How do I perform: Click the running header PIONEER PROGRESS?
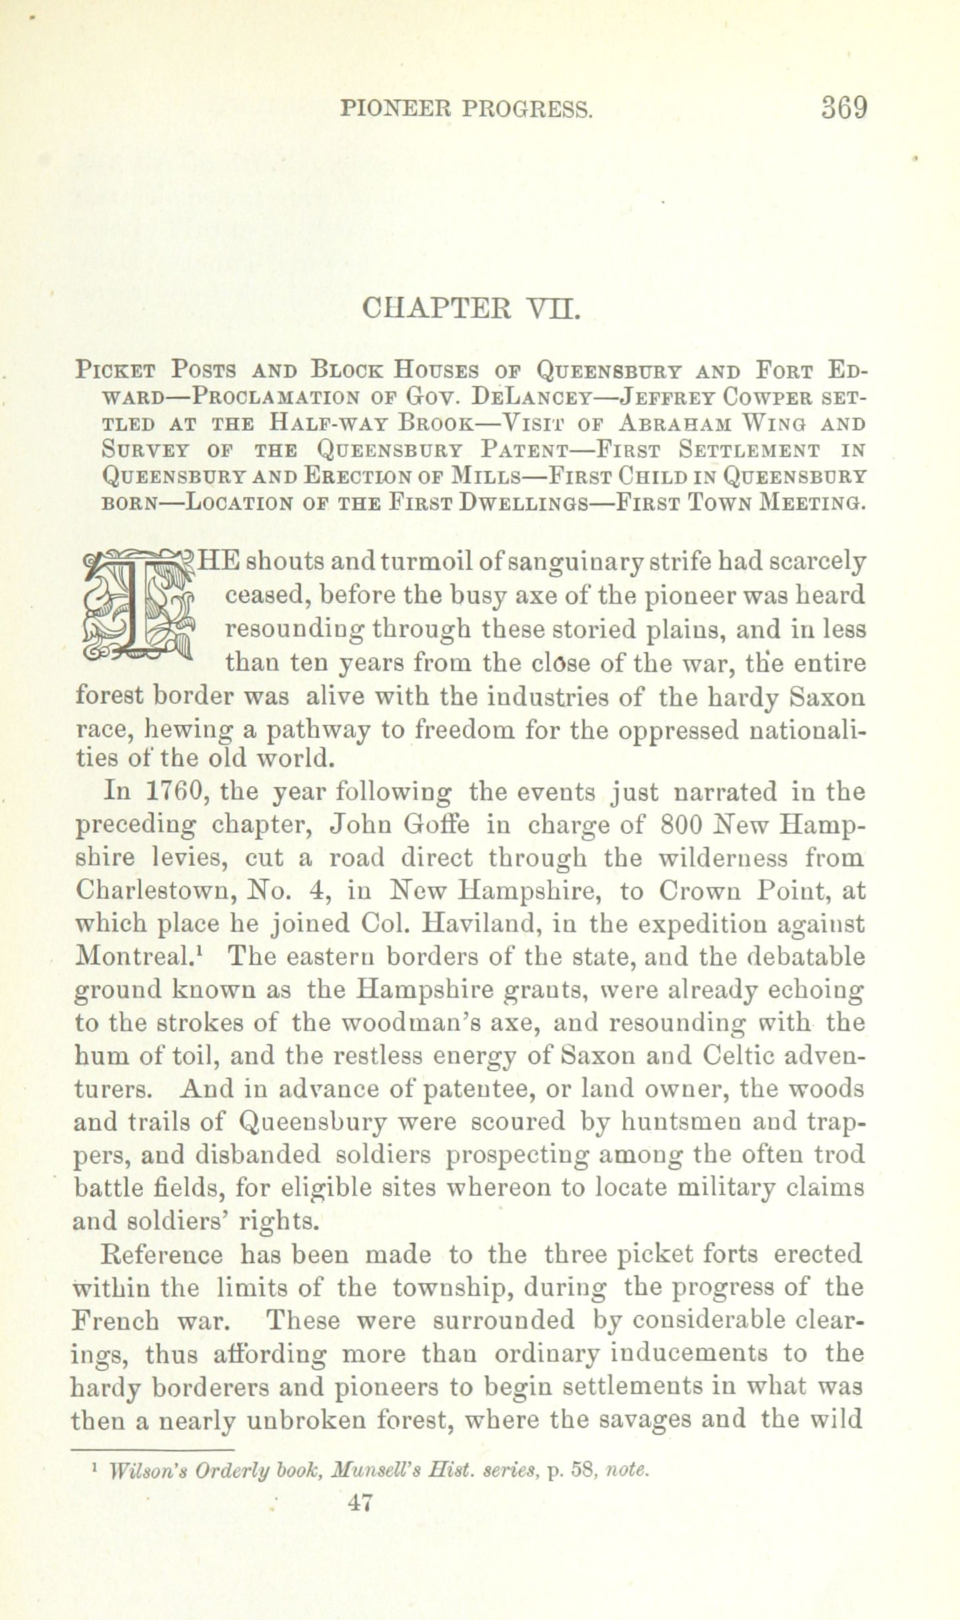click(465, 109)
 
